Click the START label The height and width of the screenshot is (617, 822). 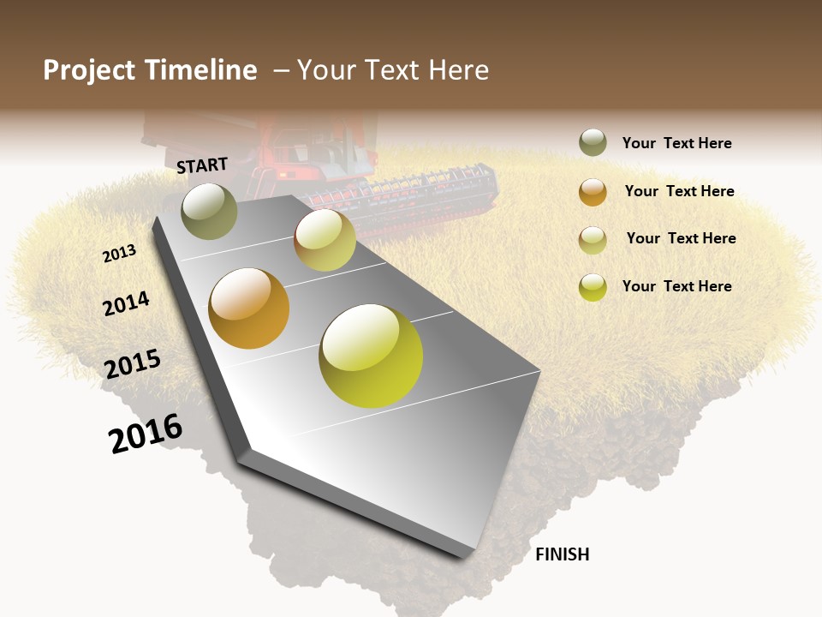(x=202, y=165)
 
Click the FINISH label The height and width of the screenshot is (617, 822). (x=562, y=554)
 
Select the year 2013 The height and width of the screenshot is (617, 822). (x=119, y=254)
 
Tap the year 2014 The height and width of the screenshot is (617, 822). (x=126, y=303)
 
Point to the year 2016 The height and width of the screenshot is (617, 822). (x=146, y=433)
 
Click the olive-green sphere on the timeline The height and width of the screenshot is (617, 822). (x=209, y=211)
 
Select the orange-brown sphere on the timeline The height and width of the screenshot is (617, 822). (x=249, y=308)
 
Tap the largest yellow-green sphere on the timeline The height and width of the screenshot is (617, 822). (x=371, y=356)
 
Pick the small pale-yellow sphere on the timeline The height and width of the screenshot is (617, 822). (x=325, y=240)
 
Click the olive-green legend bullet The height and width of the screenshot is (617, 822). (x=593, y=143)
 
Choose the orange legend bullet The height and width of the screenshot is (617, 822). (x=593, y=192)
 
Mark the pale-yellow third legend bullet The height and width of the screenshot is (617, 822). (x=593, y=240)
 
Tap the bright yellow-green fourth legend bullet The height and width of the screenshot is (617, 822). (x=593, y=287)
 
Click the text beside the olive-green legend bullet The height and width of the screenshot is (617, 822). (x=676, y=143)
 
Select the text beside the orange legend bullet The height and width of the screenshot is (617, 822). (x=679, y=191)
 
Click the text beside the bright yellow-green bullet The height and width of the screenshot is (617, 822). (x=676, y=286)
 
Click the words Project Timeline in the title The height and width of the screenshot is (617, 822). (x=150, y=70)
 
